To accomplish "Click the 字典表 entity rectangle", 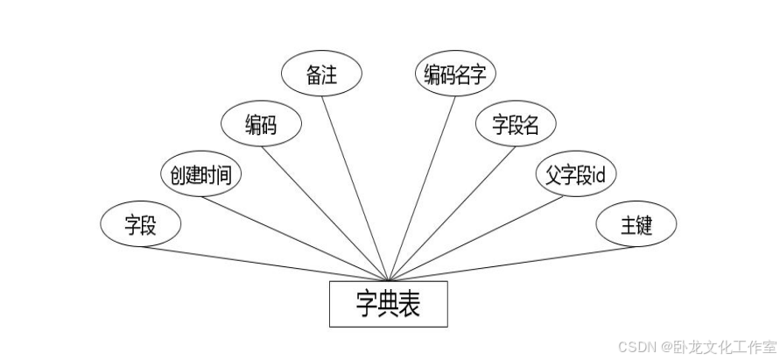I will [x=388, y=304].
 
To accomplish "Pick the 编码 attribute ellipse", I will [x=261, y=124].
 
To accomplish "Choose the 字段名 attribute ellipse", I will [x=515, y=124].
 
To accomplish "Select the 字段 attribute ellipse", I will [x=140, y=225].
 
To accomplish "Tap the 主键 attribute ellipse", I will [x=636, y=225].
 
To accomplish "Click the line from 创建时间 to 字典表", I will [x=298, y=236].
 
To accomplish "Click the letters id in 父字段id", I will [x=600, y=175].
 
